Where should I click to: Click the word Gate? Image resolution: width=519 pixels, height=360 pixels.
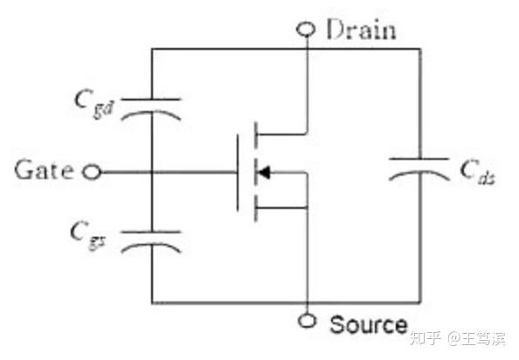point(44,170)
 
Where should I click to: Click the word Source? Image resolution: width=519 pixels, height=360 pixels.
point(368,325)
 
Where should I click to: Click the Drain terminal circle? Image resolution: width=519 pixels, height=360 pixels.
point(307,30)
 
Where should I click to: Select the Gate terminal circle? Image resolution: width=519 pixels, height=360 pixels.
point(91,172)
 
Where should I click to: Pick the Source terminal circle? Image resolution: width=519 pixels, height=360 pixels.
point(307,321)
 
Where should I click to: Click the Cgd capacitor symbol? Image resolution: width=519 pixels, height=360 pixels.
point(150,107)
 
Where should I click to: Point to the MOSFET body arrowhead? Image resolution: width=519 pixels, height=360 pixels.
point(263,172)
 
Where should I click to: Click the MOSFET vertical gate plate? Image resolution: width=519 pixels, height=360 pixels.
point(238,172)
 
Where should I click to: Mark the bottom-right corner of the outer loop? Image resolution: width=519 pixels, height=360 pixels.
point(419,302)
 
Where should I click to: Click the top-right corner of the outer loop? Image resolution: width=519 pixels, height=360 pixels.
point(419,49)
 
